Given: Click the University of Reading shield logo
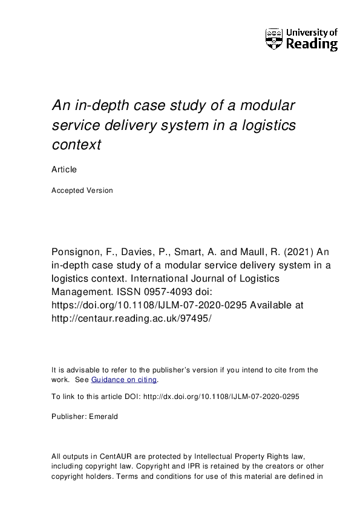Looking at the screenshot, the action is [x=274, y=39].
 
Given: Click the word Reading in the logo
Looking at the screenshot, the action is [x=311, y=44].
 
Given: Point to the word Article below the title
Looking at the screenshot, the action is [x=64, y=170].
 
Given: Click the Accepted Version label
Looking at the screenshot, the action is [x=82, y=190].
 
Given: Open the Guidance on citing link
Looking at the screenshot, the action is [x=124, y=380].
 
